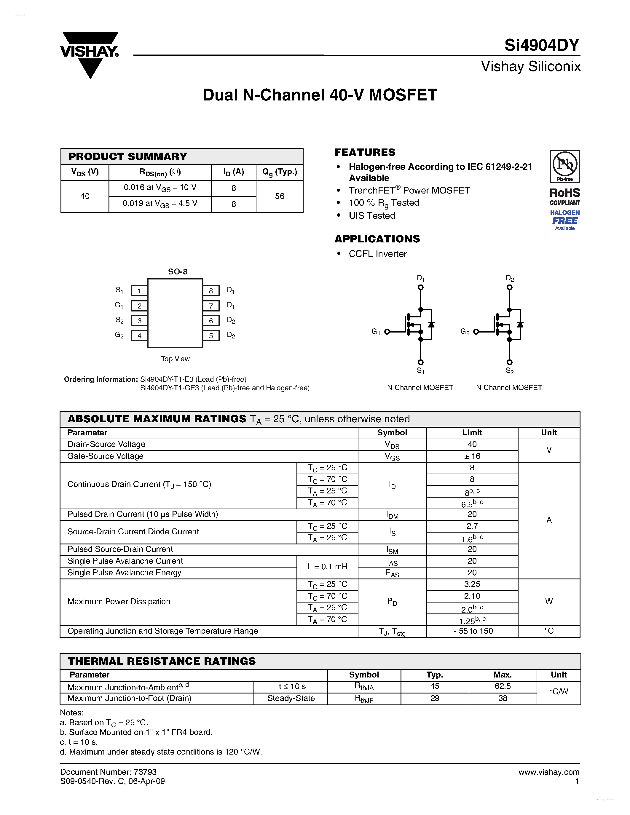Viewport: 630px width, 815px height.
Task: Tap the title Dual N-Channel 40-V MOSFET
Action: [x=320, y=95]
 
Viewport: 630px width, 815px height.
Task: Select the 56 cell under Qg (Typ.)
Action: [x=280, y=196]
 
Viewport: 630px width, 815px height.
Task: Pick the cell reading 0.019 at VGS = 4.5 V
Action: [x=160, y=204]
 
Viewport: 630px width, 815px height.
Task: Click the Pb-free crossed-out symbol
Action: [x=565, y=164]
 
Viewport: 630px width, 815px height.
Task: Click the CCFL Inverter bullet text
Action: [x=377, y=254]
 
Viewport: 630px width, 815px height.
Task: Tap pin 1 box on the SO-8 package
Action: [x=139, y=291]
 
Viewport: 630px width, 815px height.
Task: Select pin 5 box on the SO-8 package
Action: [x=211, y=335]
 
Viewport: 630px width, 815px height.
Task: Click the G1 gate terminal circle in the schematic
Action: [x=387, y=332]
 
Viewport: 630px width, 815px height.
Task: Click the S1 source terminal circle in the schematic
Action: [x=421, y=362]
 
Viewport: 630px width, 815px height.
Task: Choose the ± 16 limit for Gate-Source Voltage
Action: [x=472, y=456]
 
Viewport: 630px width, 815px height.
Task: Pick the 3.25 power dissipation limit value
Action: [x=472, y=584]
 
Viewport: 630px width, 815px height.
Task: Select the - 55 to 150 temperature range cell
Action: [x=473, y=631]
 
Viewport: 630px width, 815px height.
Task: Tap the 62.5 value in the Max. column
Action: [x=502, y=686]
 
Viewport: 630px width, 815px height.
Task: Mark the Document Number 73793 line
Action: [x=108, y=772]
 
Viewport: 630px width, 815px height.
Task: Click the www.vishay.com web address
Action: [x=549, y=772]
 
